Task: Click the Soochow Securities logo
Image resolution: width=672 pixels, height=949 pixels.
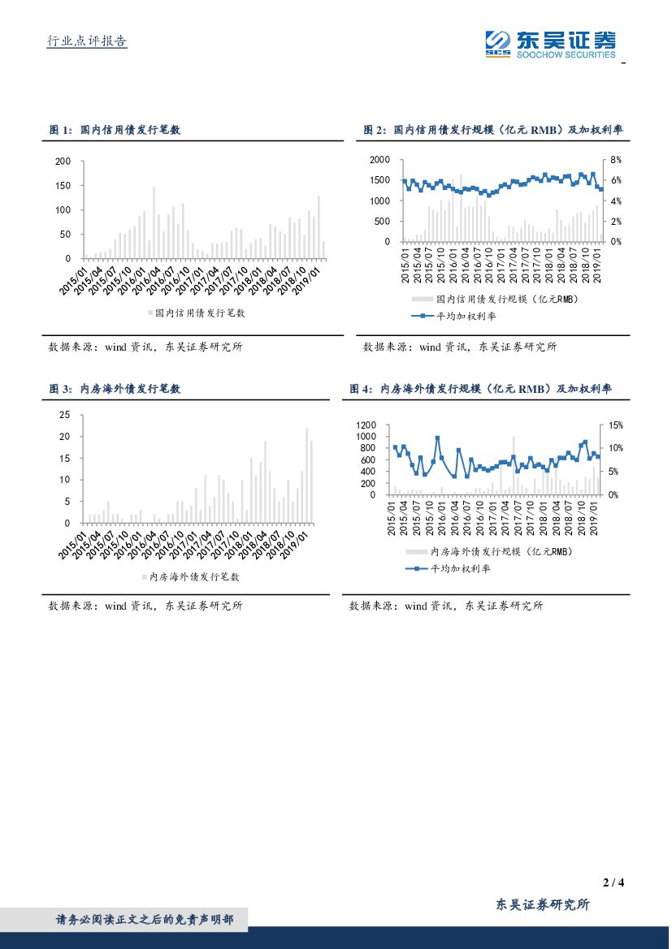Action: tap(550, 44)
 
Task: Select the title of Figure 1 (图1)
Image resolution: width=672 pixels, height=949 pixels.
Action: tap(115, 130)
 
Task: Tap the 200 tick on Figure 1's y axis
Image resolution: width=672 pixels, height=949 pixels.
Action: tap(63, 162)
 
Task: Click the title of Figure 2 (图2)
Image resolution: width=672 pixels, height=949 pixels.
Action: tap(493, 130)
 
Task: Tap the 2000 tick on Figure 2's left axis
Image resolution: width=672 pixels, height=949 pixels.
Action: tap(380, 160)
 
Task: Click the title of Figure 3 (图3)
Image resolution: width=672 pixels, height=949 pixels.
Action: tap(115, 390)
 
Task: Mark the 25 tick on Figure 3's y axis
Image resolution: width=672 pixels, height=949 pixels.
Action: tap(66, 415)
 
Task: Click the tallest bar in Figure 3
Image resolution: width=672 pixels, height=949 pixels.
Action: tap(306, 475)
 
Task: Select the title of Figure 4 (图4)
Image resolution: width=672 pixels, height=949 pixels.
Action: tap(480, 390)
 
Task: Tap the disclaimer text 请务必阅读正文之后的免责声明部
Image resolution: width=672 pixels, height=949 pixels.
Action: tap(145, 920)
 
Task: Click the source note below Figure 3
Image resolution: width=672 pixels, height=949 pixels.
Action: tap(145, 606)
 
